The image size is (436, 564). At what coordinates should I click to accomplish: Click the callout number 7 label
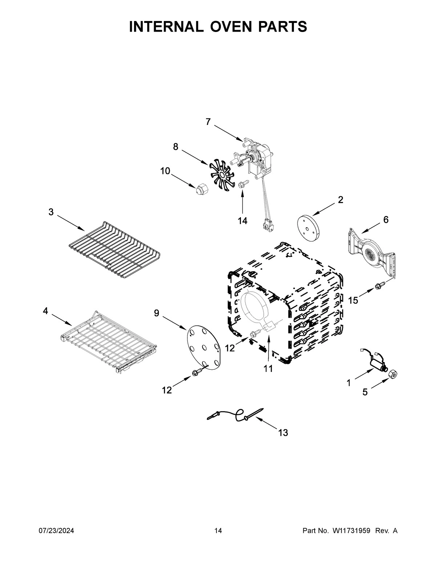tap(208, 122)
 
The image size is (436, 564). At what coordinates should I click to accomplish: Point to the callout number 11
tap(268, 369)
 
